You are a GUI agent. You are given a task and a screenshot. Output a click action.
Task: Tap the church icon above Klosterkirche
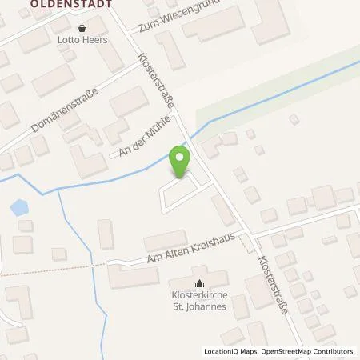click(199, 282)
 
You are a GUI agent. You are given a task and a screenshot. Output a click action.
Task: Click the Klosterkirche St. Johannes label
click(199, 299)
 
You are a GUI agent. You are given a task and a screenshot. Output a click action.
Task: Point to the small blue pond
click(18, 210)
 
